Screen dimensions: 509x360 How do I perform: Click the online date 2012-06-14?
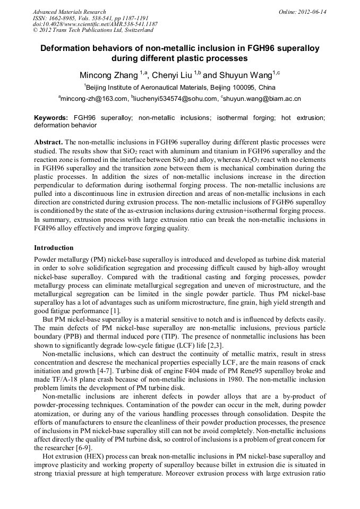click(x=313, y=11)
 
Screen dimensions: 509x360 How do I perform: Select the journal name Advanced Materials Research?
click(x=69, y=11)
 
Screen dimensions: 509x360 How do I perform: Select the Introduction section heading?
click(x=54, y=247)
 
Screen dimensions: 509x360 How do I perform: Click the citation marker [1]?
click(x=116, y=310)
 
